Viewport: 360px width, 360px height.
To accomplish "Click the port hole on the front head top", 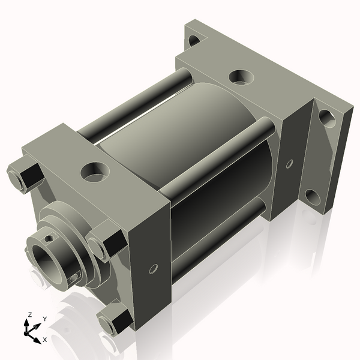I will tap(93, 172).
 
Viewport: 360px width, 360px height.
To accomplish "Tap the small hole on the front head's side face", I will tap(153, 268).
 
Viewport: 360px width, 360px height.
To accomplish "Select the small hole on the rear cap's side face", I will tap(289, 163).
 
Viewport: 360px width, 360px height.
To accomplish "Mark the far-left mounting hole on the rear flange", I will tap(193, 41).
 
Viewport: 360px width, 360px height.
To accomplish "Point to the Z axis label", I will tap(29, 315).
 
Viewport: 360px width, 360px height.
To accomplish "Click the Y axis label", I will tap(44, 319).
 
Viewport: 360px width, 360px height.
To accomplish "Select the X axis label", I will tap(44, 340).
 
